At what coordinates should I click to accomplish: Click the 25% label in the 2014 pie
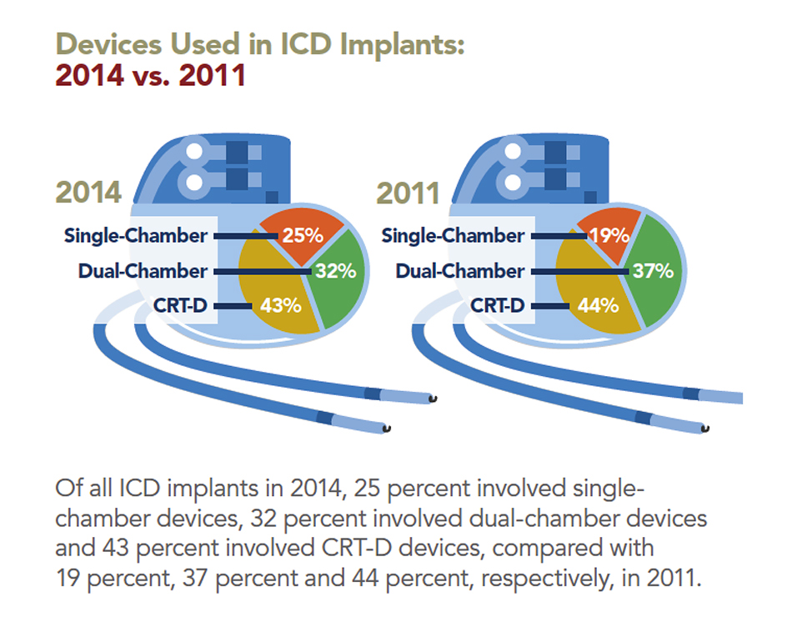[x=301, y=235]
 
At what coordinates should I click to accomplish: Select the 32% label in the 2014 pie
[x=335, y=271]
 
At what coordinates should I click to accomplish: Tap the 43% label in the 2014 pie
[x=280, y=305]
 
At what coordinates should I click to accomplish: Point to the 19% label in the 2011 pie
[x=609, y=235]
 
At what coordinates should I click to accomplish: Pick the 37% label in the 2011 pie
[x=652, y=271]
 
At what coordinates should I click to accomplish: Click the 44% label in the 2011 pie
[x=597, y=305]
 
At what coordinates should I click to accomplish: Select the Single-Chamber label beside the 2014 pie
[x=136, y=236]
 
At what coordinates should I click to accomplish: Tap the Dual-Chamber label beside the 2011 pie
[x=460, y=271]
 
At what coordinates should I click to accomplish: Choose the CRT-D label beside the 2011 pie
[x=498, y=305]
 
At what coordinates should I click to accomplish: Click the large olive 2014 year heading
[x=89, y=193]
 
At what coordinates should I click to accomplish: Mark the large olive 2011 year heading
[x=408, y=193]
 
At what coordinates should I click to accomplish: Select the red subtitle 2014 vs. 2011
[x=150, y=75]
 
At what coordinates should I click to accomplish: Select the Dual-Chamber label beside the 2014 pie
[x=143, y=271]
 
